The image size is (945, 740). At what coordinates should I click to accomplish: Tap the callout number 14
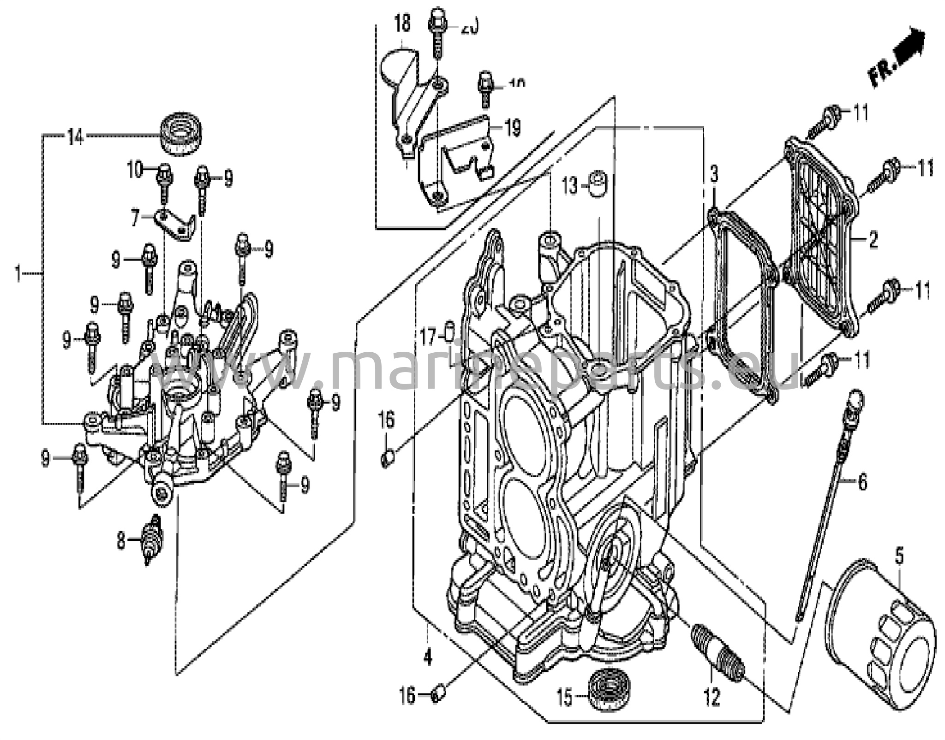tap(75, 136)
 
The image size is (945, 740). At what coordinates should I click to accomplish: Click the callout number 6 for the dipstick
tap(862, 482)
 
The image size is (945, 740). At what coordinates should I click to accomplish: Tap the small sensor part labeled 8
tap(152, 539)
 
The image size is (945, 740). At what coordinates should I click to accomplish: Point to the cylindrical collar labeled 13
tap(598, 184)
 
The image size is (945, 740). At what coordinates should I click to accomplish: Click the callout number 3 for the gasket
tap(714, 175)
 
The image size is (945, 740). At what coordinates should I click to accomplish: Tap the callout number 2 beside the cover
tap(873, 240)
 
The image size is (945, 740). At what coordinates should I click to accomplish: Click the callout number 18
tap(402, 23)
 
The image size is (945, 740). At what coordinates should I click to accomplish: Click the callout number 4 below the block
tap(428, 657)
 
